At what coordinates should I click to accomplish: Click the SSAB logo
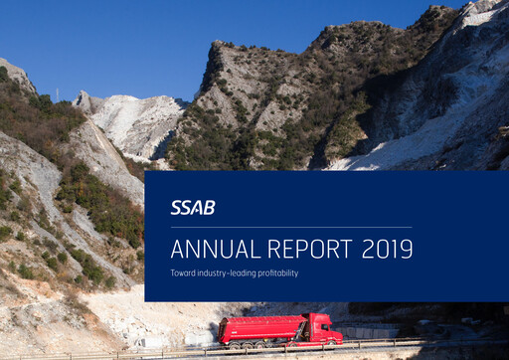tap(192, 208)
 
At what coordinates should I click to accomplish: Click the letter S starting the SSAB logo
tap(175, 208)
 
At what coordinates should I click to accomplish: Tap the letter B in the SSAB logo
tap(209, 208)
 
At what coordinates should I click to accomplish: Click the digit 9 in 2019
tap(407, 249)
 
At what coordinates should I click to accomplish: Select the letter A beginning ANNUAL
tap(177, 249)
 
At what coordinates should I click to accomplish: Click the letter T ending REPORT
tap(347, 249)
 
